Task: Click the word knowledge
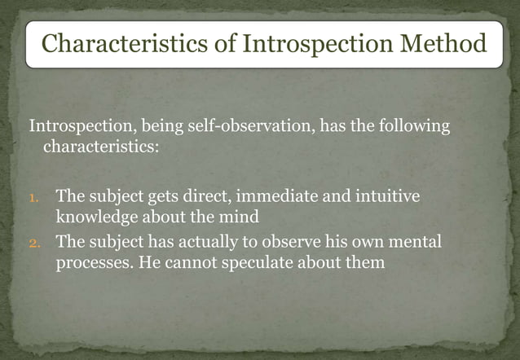[x=95, y=217]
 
